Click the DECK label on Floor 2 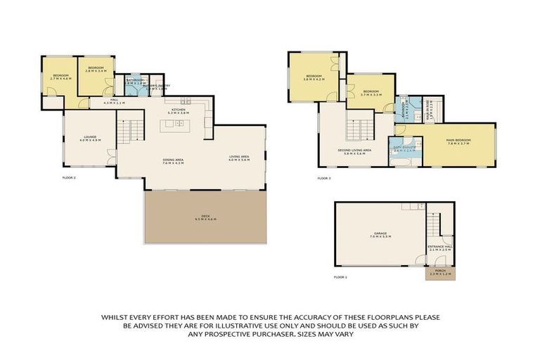[206, 217]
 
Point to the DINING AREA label [173, 161]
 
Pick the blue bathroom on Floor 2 [135, 88]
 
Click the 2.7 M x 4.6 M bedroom [59, 77]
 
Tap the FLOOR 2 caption [69, 178]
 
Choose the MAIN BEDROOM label [458, 141]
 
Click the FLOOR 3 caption [323, 178]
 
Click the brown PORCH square [440, 272]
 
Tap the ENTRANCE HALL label [440, 247]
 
